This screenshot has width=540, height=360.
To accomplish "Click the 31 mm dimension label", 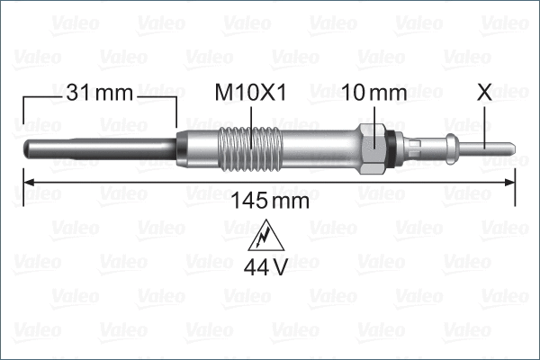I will click(x=99, y=93).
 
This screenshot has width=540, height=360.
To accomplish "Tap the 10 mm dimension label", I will click(x=374, y=93).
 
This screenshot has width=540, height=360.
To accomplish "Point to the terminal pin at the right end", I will click(x=490, y=147).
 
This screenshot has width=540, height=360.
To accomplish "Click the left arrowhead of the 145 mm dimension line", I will click(x=27, y=183).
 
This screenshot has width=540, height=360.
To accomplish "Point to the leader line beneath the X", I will click(x=486, y=121).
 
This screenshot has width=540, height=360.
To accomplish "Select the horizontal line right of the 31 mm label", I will click(x=157, y=93).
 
